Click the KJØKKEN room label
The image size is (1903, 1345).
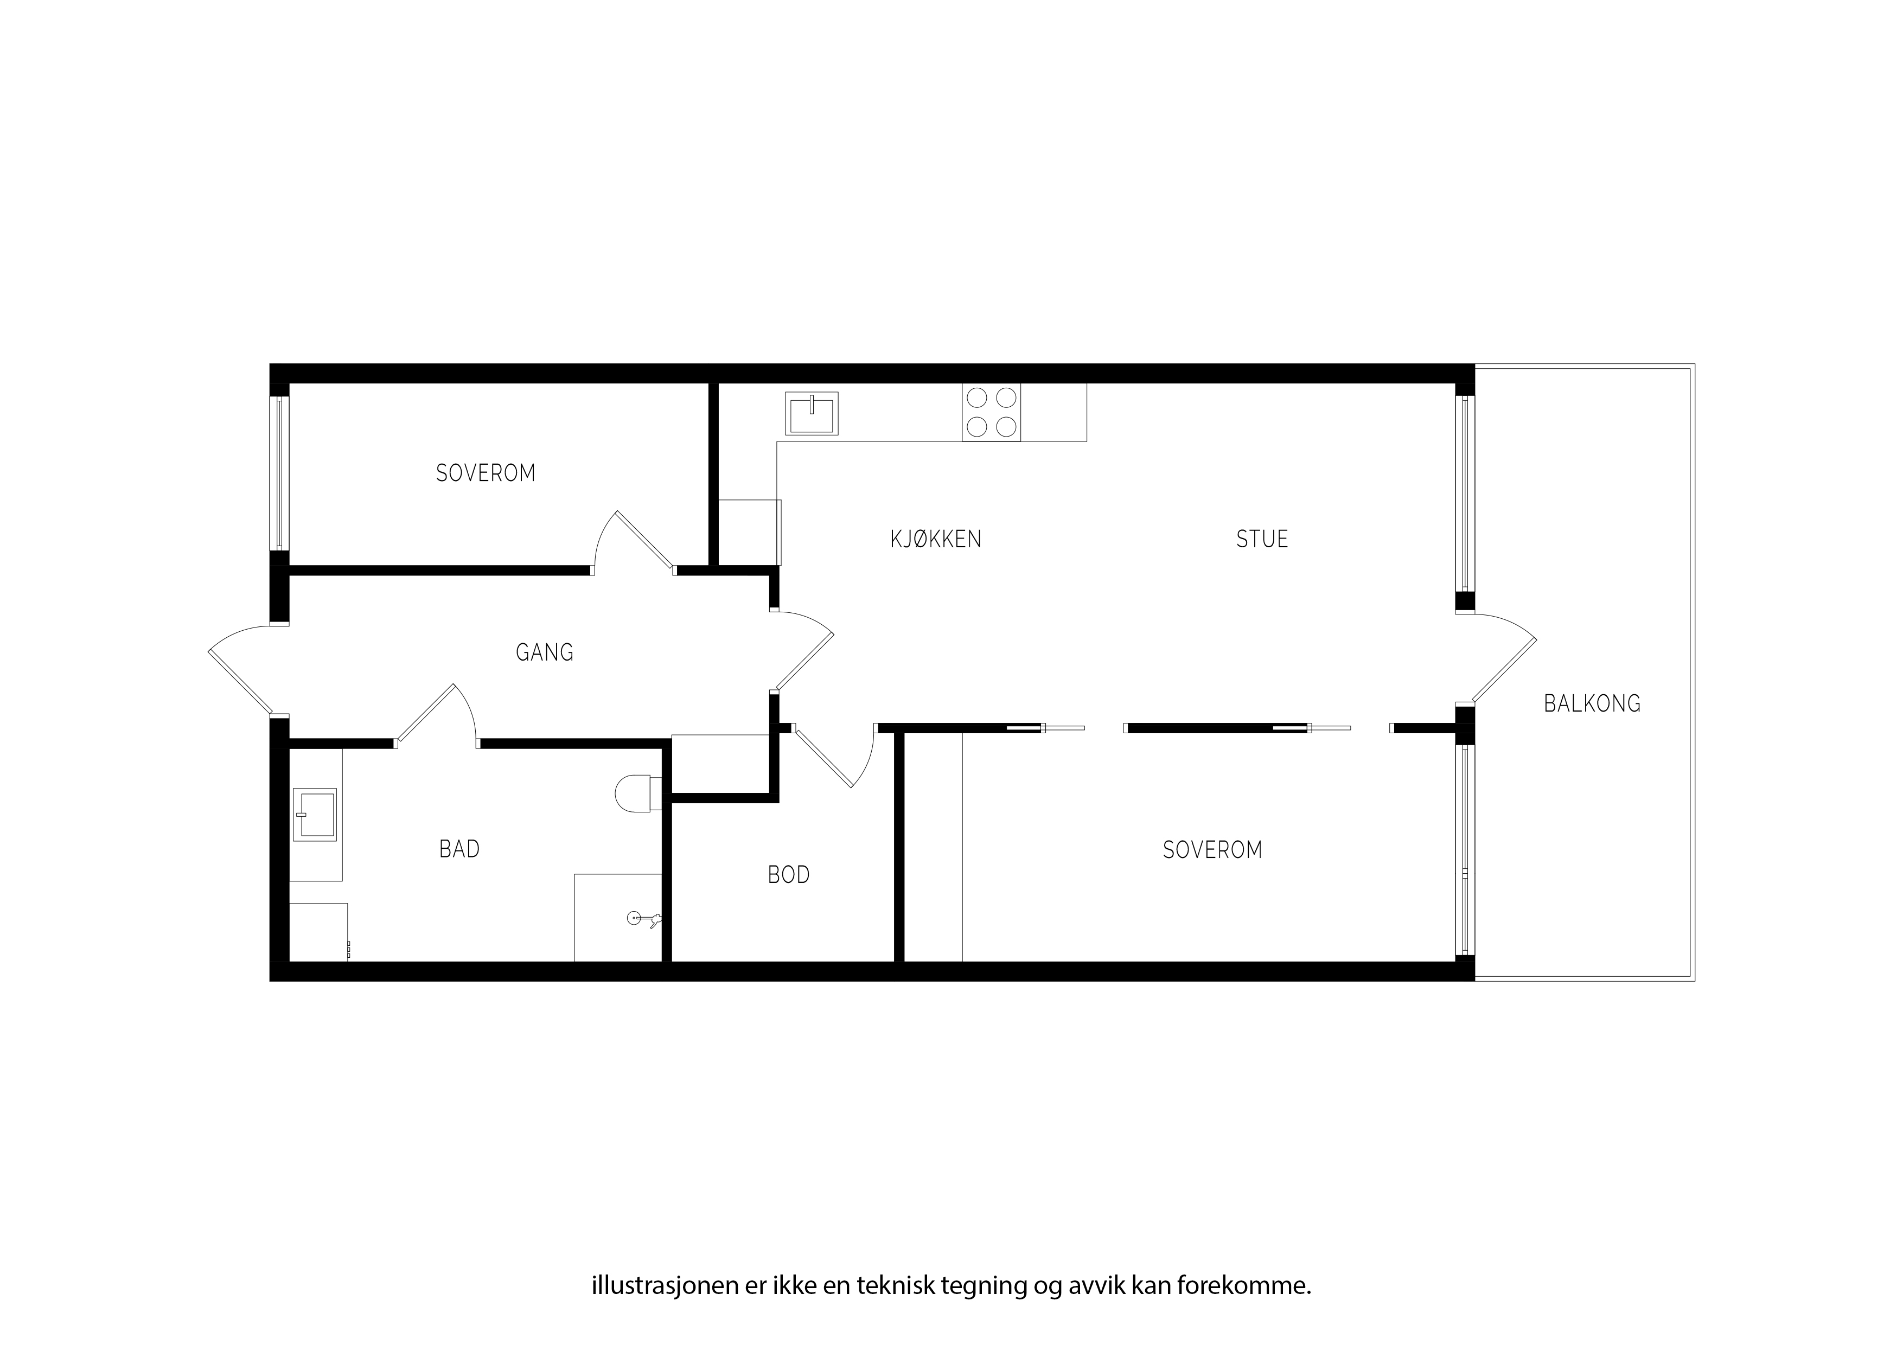(x=936, y=540)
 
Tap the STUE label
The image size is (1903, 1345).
(x=1262, y=540)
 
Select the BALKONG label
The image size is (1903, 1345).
(x=1592, y=703)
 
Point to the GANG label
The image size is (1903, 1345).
(x=545, y=653)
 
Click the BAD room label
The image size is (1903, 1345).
(x=459, y=849)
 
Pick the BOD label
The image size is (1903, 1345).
(x=788, y=875)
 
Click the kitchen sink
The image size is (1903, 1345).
(x=812, y=413)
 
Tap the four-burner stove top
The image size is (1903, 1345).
(x=991, y=412)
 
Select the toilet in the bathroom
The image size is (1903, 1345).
(x=638, y=793)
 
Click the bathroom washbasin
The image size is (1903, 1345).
(x=315, y=815)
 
